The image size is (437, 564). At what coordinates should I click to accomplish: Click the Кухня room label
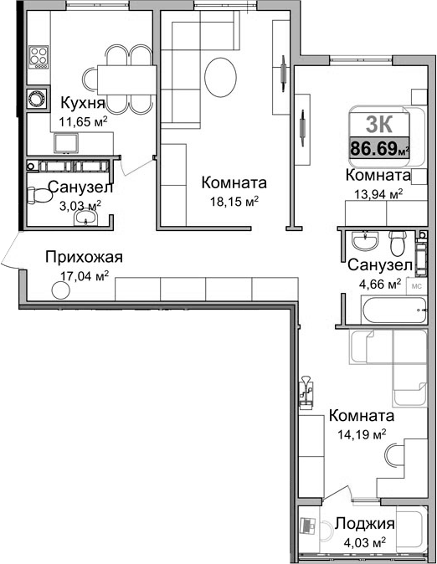(82, 103)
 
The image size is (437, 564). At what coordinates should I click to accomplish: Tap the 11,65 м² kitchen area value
(82, 121)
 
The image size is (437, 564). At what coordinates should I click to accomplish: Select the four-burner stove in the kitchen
(39, 57)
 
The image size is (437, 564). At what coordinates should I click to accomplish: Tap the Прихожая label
(84, 257)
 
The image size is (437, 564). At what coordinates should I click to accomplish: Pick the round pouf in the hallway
(61, 290)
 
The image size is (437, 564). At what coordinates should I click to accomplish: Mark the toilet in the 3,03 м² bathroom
(37, 197)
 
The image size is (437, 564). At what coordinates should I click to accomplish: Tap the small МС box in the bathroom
(417, 284)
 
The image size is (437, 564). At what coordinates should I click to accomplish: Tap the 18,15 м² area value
(234, 201)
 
